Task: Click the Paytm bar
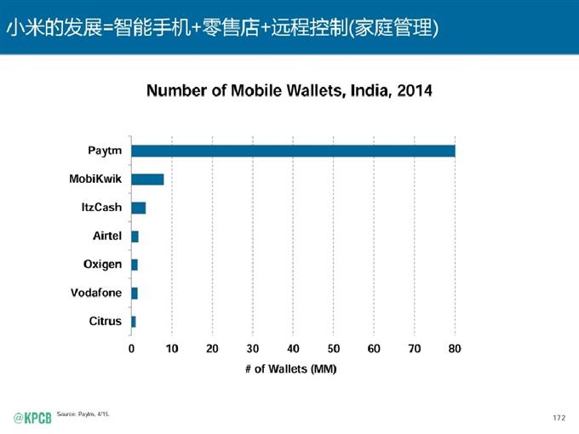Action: (293, 151)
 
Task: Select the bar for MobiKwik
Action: (147, 180)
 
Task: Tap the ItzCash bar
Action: (139, 208)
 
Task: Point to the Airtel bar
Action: (135, 237)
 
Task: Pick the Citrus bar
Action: (134, 321)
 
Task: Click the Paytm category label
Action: (105, 151)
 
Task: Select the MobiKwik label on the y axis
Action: (95, 180)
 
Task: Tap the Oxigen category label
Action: (102, 265)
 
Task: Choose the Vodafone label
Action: (96, 293)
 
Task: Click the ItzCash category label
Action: (100, 208)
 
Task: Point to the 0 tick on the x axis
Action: (131, 348)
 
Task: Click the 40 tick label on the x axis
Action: (293, 348)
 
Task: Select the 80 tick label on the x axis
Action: (455, 348)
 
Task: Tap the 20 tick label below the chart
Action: (212, 348)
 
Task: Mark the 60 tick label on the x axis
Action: (374, 348)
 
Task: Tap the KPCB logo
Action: (32, 416)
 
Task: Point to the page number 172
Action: (559, 417)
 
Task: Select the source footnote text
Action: (83, 414)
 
